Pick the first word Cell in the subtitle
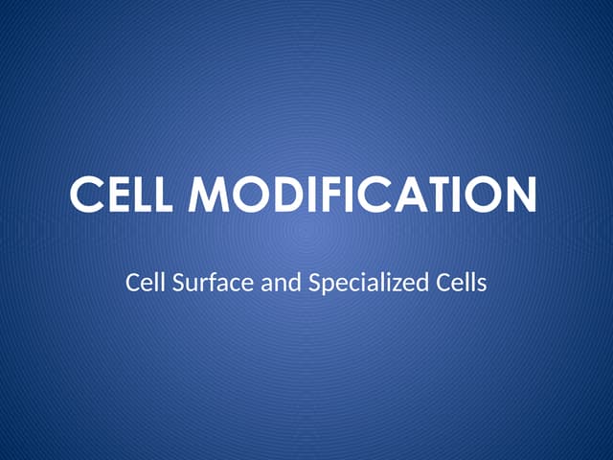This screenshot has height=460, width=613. point(142,283)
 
